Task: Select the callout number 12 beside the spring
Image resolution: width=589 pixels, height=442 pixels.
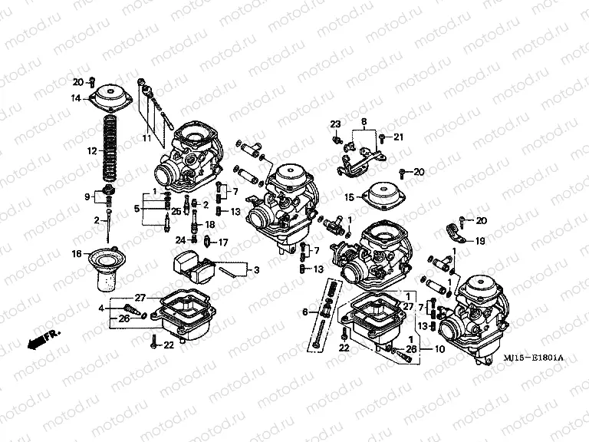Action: pyautogui.click(x=91, y=151)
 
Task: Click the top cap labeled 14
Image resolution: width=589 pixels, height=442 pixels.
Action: pyautogui.click(x=112, y=99)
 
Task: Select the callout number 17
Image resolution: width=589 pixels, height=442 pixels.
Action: pyautogui.click(x=224, y=242)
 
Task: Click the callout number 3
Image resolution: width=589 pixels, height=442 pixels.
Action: pyautogui.click(x=256, y=269)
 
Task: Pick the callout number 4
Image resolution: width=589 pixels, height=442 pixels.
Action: pyautogui.click(x=100, y=308)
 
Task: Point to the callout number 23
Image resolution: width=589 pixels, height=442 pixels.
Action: pyautogui.click(x=335, y=124)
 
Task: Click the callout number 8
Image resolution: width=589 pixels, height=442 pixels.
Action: pyautogui.click(x=364, y=121)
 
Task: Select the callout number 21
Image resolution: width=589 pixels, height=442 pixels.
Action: pyautogui.click(x=398, y=137)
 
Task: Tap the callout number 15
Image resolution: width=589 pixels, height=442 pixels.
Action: pyautogui.click(x=348, y=197)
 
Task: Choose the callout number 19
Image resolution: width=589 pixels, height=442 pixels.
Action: pyautogui.click(x=479, y=241)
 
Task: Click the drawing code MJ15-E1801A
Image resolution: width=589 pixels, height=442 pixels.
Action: pyautogui.click(x=533, y=358)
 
